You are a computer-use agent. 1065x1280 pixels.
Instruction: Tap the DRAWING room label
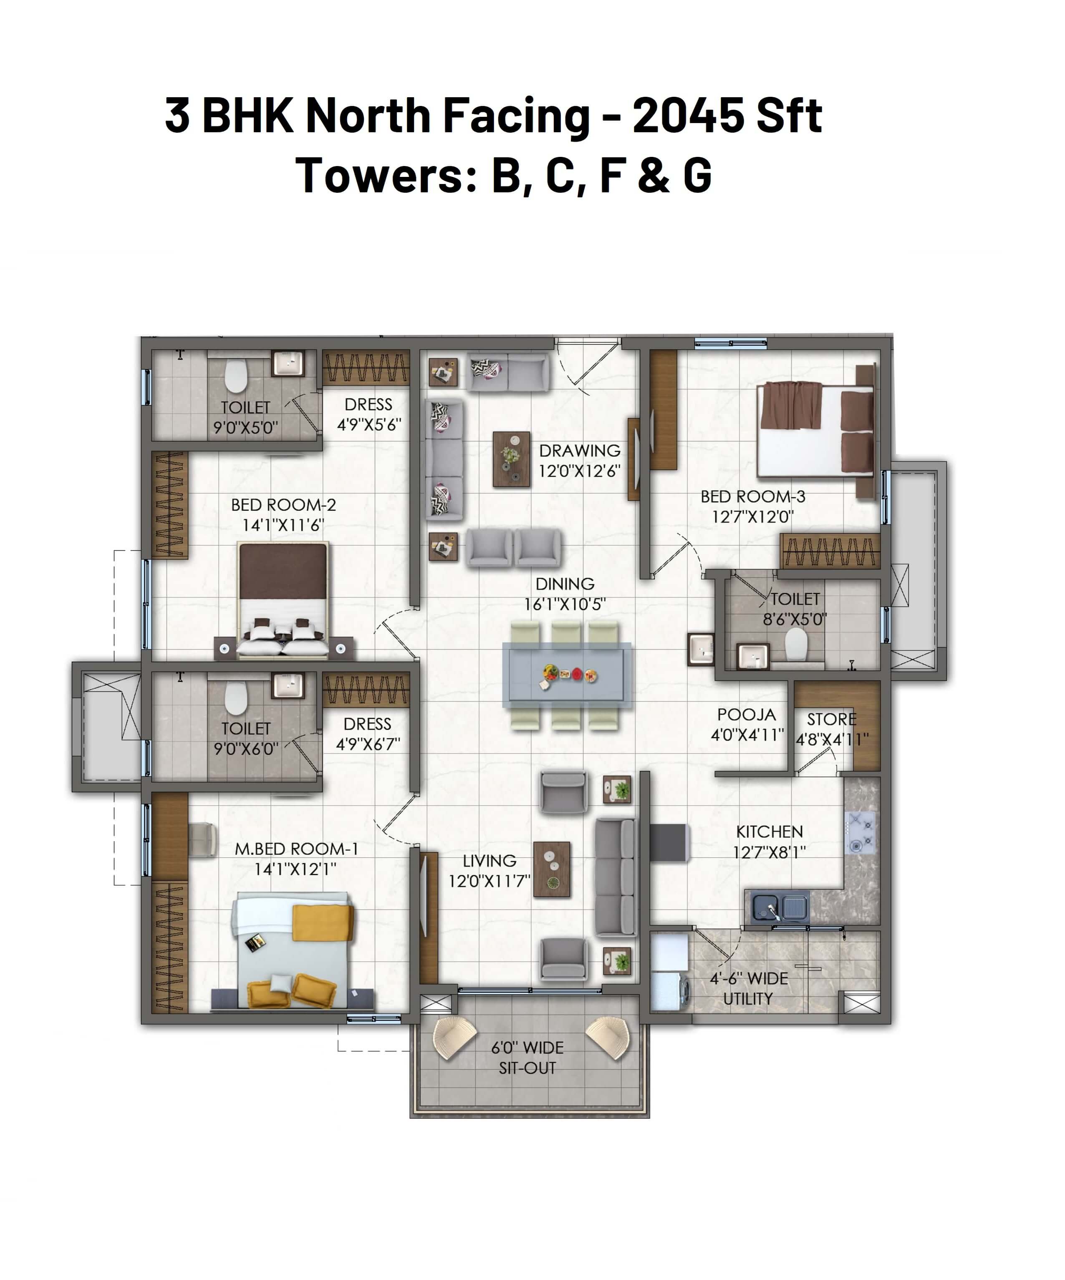click(x=580, y=451)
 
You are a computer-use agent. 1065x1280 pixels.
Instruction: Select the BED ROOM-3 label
click(x=753, y=497)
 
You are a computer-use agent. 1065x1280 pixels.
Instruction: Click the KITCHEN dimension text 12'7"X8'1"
click(x=770, y=852)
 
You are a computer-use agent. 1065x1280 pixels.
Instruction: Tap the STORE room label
click(x=832, y=719)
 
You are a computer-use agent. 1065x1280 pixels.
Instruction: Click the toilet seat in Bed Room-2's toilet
click(x=235, y=376)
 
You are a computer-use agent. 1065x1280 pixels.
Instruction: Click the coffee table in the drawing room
click(x=511, y=460)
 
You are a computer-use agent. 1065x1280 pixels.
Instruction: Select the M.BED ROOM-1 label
click(x=296, y=849)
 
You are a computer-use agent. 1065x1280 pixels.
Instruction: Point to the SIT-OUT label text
click(x=527, y=1068)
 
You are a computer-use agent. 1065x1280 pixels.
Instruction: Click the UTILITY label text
click(x=747, y=999)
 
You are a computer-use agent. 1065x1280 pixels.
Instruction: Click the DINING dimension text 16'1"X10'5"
click(x=565, y=604)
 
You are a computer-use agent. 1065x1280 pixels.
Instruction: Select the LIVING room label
click(x=490, y=861)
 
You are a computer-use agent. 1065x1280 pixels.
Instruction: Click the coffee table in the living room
click(x=552, y=869)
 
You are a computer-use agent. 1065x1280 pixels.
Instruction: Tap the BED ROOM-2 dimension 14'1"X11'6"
click(x=283, y=525)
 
